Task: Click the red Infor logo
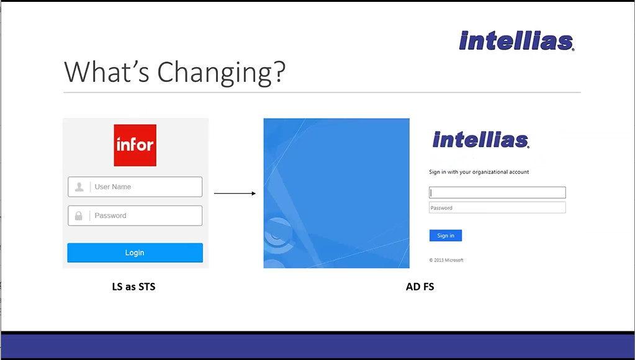pos(135,145)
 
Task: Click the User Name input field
pos(135,187)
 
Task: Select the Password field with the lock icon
pos(135,215)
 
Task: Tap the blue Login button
pos(135,253)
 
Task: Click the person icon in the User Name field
pos(79,187)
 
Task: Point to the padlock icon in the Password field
pos(79,215)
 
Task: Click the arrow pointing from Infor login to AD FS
pos(235,194)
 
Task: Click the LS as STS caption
pos(133,287)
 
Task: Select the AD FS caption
pos(420,287)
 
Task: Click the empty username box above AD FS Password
pos(497,192)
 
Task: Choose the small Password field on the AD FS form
pos(497,208)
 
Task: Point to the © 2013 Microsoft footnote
pos(446,260)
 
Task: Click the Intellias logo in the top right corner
pos(516,40)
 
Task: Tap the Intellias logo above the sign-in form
pos(480,140)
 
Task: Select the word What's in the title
pos(107,71)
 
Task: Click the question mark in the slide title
pos(279,71)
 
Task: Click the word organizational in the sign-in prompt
pos(483,172)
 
